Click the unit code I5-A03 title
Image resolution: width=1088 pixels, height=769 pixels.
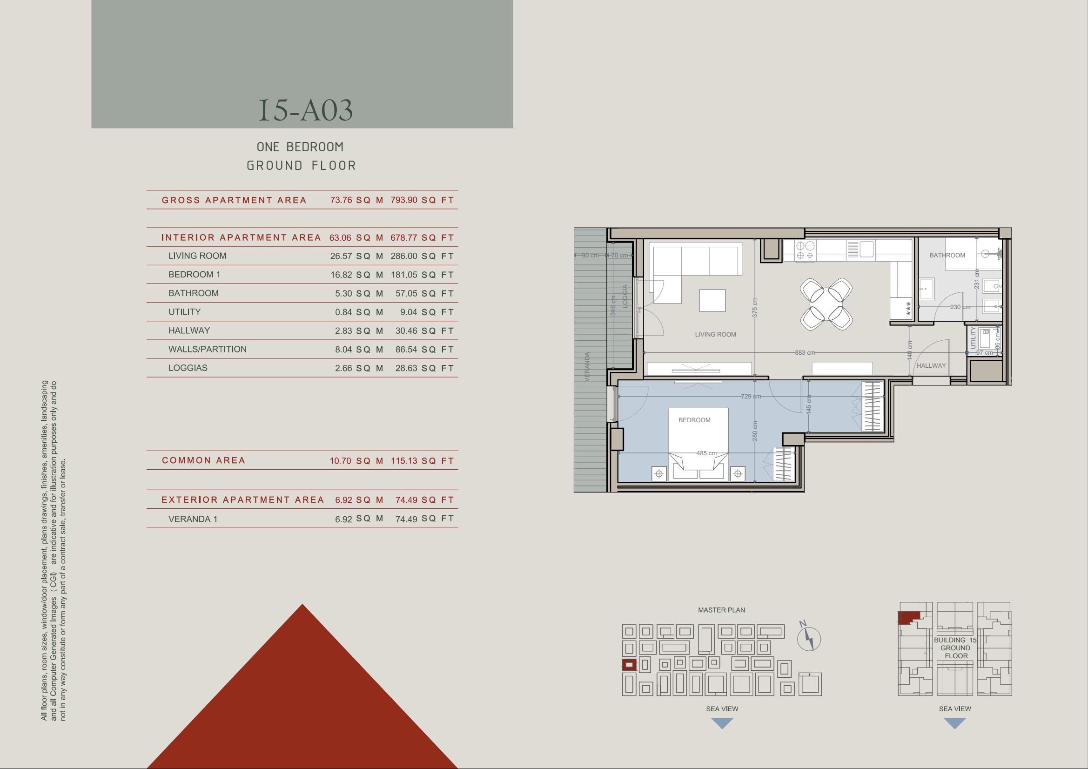point(306,110)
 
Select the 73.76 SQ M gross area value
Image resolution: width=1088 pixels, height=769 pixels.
point(356,200)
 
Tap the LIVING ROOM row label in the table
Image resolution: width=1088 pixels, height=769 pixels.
point(197,256)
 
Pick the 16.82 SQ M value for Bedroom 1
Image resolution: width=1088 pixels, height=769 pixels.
point(356,275)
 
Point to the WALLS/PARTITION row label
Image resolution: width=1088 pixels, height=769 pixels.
point(208,350)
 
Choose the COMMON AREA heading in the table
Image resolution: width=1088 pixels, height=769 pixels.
point(203,460)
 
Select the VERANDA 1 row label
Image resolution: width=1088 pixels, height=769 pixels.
point(193,519)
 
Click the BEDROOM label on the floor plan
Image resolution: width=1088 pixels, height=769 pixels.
point(694,420)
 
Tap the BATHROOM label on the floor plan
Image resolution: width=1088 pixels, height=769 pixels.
point(947,255)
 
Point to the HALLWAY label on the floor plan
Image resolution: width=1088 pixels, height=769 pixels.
point(931,365)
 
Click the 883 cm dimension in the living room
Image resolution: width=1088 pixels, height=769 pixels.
point(805,353)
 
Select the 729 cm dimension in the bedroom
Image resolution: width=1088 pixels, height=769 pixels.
point(751,396)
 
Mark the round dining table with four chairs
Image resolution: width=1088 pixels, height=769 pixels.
point(826,304)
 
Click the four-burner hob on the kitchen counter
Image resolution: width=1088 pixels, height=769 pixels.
point(805,250)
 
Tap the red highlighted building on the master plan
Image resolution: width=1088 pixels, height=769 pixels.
point(629,665)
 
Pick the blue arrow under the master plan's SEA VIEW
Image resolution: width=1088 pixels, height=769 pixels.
point(722,723)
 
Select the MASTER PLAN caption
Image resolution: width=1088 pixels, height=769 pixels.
point(721,610)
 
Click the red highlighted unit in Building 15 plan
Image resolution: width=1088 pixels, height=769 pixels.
point(907,617)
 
